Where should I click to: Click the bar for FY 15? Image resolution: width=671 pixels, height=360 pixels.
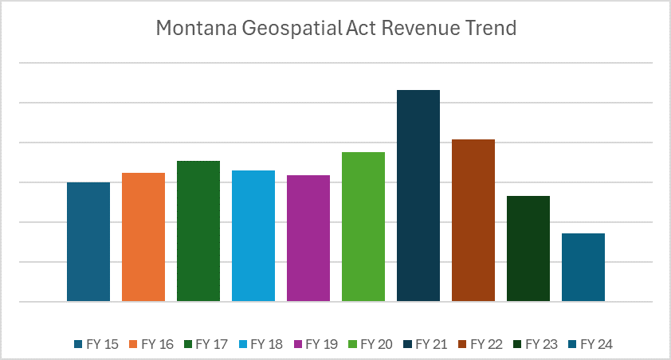click(88, 241)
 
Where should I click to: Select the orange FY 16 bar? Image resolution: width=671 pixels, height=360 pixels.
click(143, 237)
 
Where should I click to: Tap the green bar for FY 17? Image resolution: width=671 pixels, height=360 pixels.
click(198, 231)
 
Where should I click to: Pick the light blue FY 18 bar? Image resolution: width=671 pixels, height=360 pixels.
click(253, 236)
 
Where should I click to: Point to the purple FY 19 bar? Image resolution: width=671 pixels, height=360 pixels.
click(308, 238)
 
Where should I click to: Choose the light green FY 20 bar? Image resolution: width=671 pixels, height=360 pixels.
click(363, 226)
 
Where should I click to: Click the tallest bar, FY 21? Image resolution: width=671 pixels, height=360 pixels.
click(418, 195)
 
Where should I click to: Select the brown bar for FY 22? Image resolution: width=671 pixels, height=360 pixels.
click(473, 220)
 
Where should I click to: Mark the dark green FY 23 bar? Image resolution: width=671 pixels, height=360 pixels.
click(528, 248)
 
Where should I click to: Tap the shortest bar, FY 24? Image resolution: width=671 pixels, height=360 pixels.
click(583, 267)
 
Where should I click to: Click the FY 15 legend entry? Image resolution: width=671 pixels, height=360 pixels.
click(96, 344)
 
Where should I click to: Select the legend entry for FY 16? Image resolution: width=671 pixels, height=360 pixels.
click(151, 344)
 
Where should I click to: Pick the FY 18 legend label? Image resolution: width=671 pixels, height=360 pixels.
click(261, 344)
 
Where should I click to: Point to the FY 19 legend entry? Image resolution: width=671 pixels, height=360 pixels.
click(316, 344)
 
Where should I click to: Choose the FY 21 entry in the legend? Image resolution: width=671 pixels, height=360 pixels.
click(426, 344)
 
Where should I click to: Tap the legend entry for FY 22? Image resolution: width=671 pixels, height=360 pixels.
click(481, 344)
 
